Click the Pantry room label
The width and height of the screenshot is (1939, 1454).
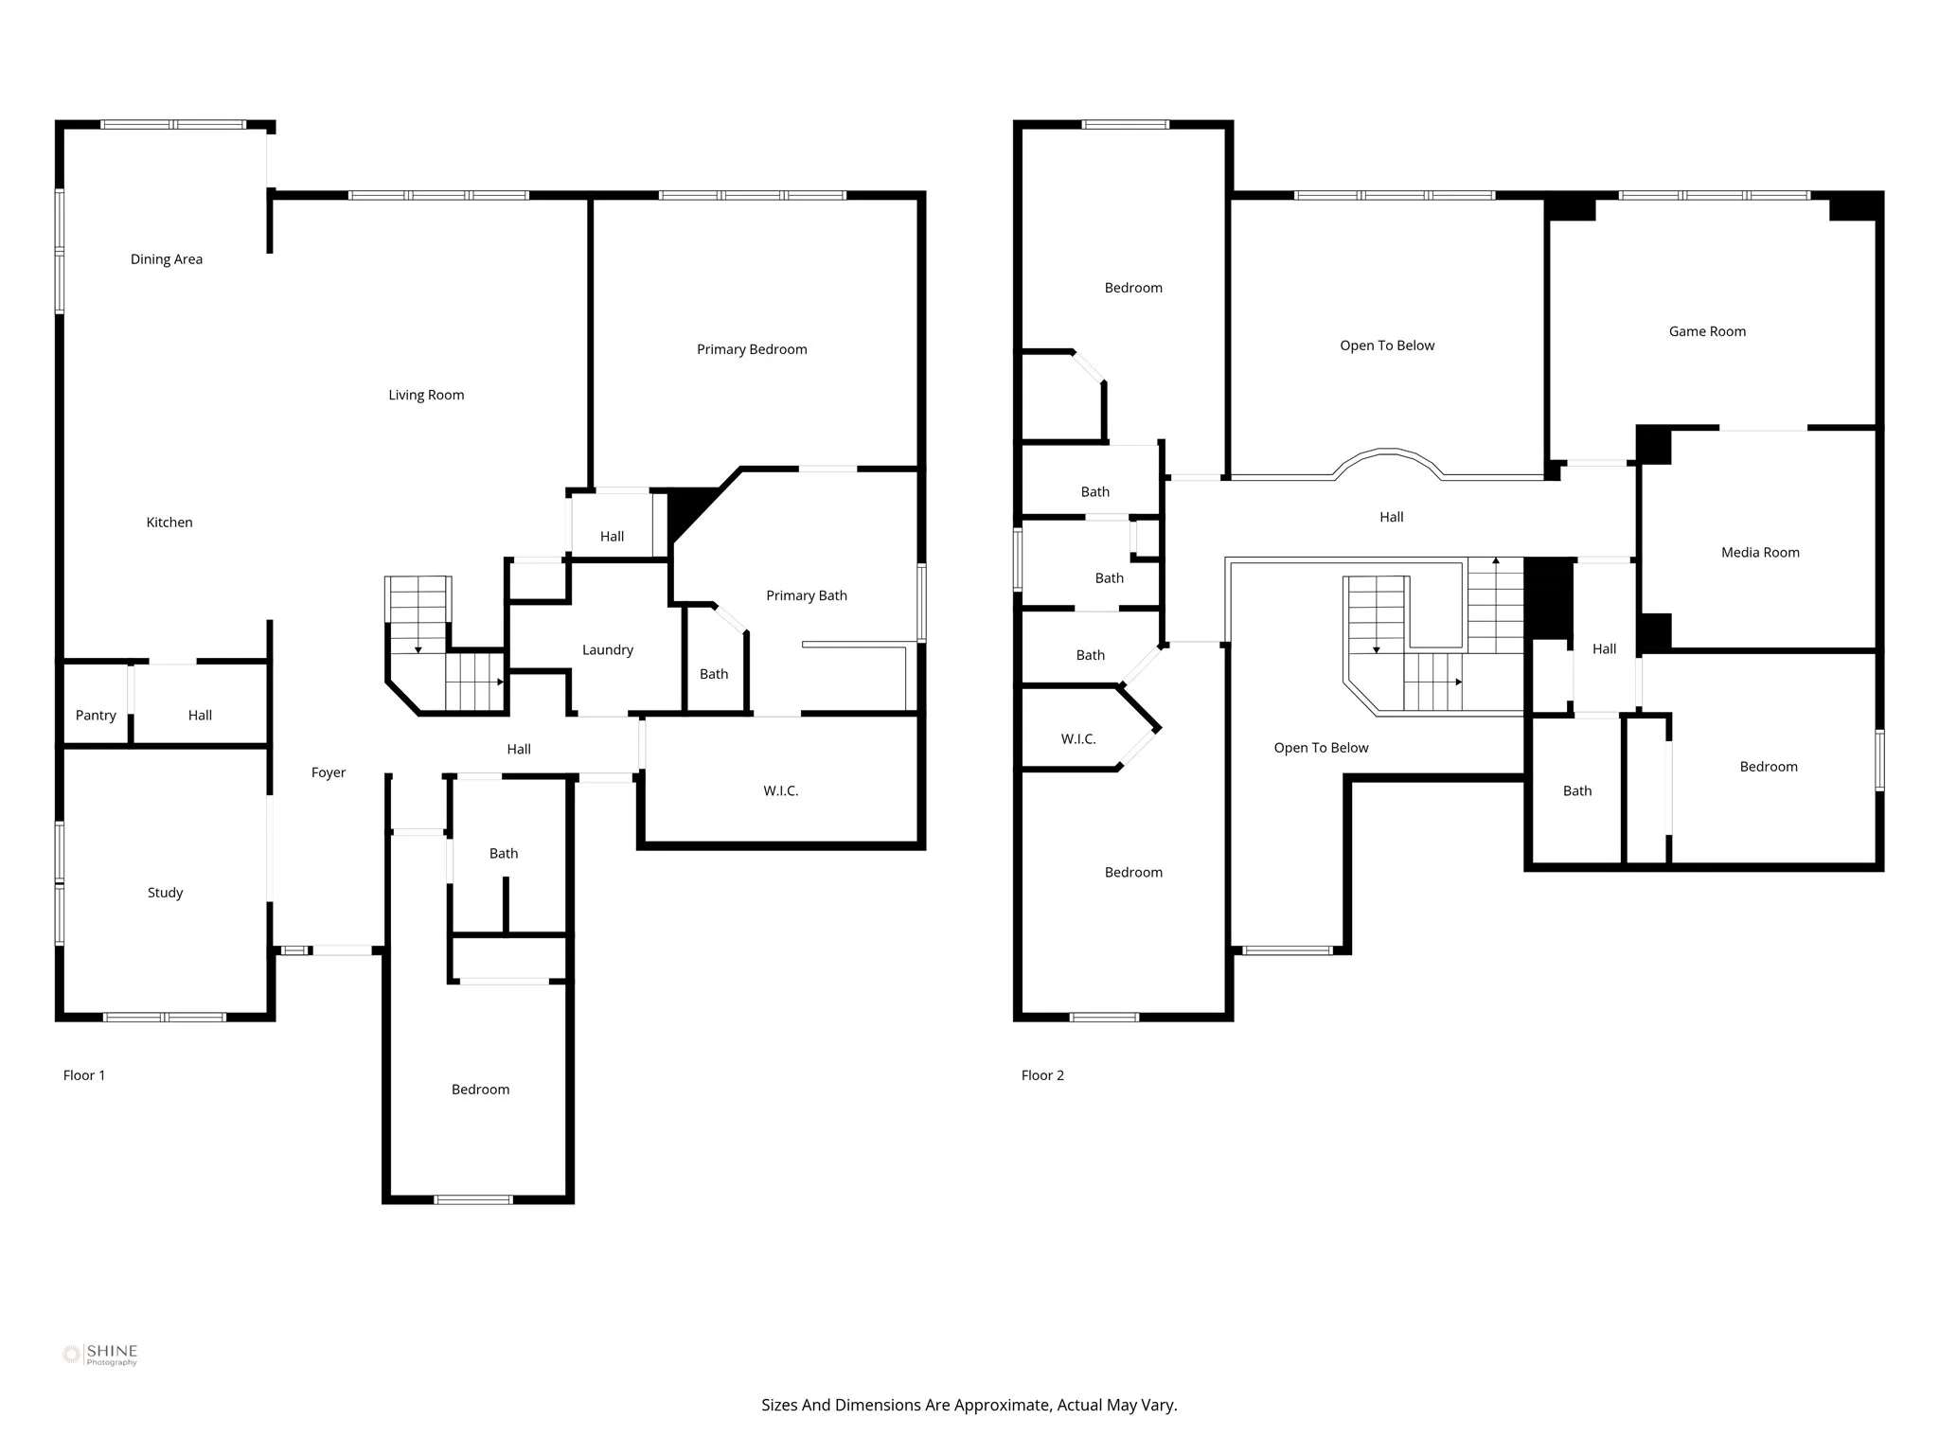pyautogui.click(x=96, y=716)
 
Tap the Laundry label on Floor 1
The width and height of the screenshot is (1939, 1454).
pyautogui.click(x=608, y=650)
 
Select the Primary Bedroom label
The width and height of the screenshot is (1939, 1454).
pyautogui.click(x=752, y=349)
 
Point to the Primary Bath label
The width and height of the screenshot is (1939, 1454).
pyautogui.click(x=807, y=595)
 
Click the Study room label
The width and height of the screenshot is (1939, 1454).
pyautogui.click(x=165, y=893)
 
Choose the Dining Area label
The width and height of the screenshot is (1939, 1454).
pyautogui.click(x=167, y=259)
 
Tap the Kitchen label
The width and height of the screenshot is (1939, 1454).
pyautogui.click(x=169, y=523)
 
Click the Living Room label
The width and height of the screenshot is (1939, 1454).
pyautogui.click(x=426, y=396)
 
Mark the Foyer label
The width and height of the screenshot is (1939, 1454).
pyautogui.click(x=329, y=773)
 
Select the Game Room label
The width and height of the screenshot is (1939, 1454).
pyautogui.click(x=1707, y=331)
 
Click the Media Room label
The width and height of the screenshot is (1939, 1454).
pyautogui.click(x=1760, y=553)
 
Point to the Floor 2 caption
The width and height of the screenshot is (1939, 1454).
pyautogui.click(x=1042, y=1075)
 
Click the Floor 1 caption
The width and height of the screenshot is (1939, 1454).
pyautogui.click(x=84, y=1075)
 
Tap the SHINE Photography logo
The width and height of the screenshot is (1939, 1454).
pyautogui.click(x=100, y=1355)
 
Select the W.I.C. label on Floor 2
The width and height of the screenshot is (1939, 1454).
pyautogui.click(x=1078, y=739)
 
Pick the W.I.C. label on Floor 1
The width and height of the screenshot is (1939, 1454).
pyautogui.click(x=781, y=791)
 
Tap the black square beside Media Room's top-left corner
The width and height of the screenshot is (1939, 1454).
pyautogui.click(x=1654, y=445)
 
